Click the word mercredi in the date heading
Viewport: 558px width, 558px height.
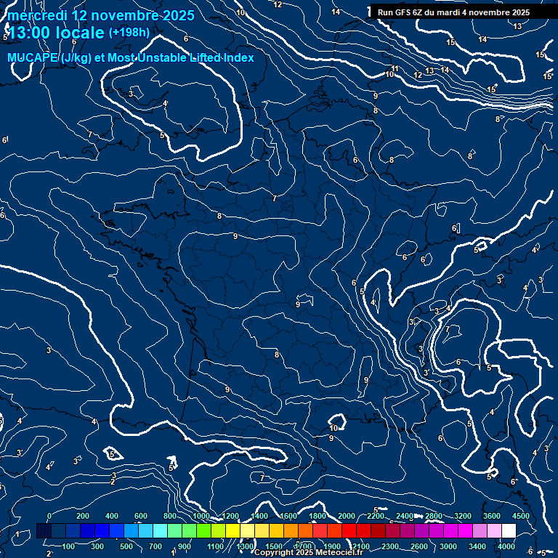click(x=37, y=15)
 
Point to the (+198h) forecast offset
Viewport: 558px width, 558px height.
click(x=129, y=33)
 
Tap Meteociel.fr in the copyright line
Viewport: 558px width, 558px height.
click(x=339, y=553)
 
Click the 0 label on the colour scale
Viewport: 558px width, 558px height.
click(x=49, y=516)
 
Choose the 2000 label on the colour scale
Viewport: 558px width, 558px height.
click(x=347, y=516)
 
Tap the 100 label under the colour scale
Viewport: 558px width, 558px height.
click(x=68, y=546)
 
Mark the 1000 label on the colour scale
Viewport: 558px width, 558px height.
click(x=201, y=516)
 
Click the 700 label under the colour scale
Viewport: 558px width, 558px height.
click(x=155, y=546)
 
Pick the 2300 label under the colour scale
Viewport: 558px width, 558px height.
click(x=391, y=546)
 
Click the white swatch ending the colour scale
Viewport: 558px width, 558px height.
click(x=509, y=532)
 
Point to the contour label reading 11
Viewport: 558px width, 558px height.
click(x=395, y=69)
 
